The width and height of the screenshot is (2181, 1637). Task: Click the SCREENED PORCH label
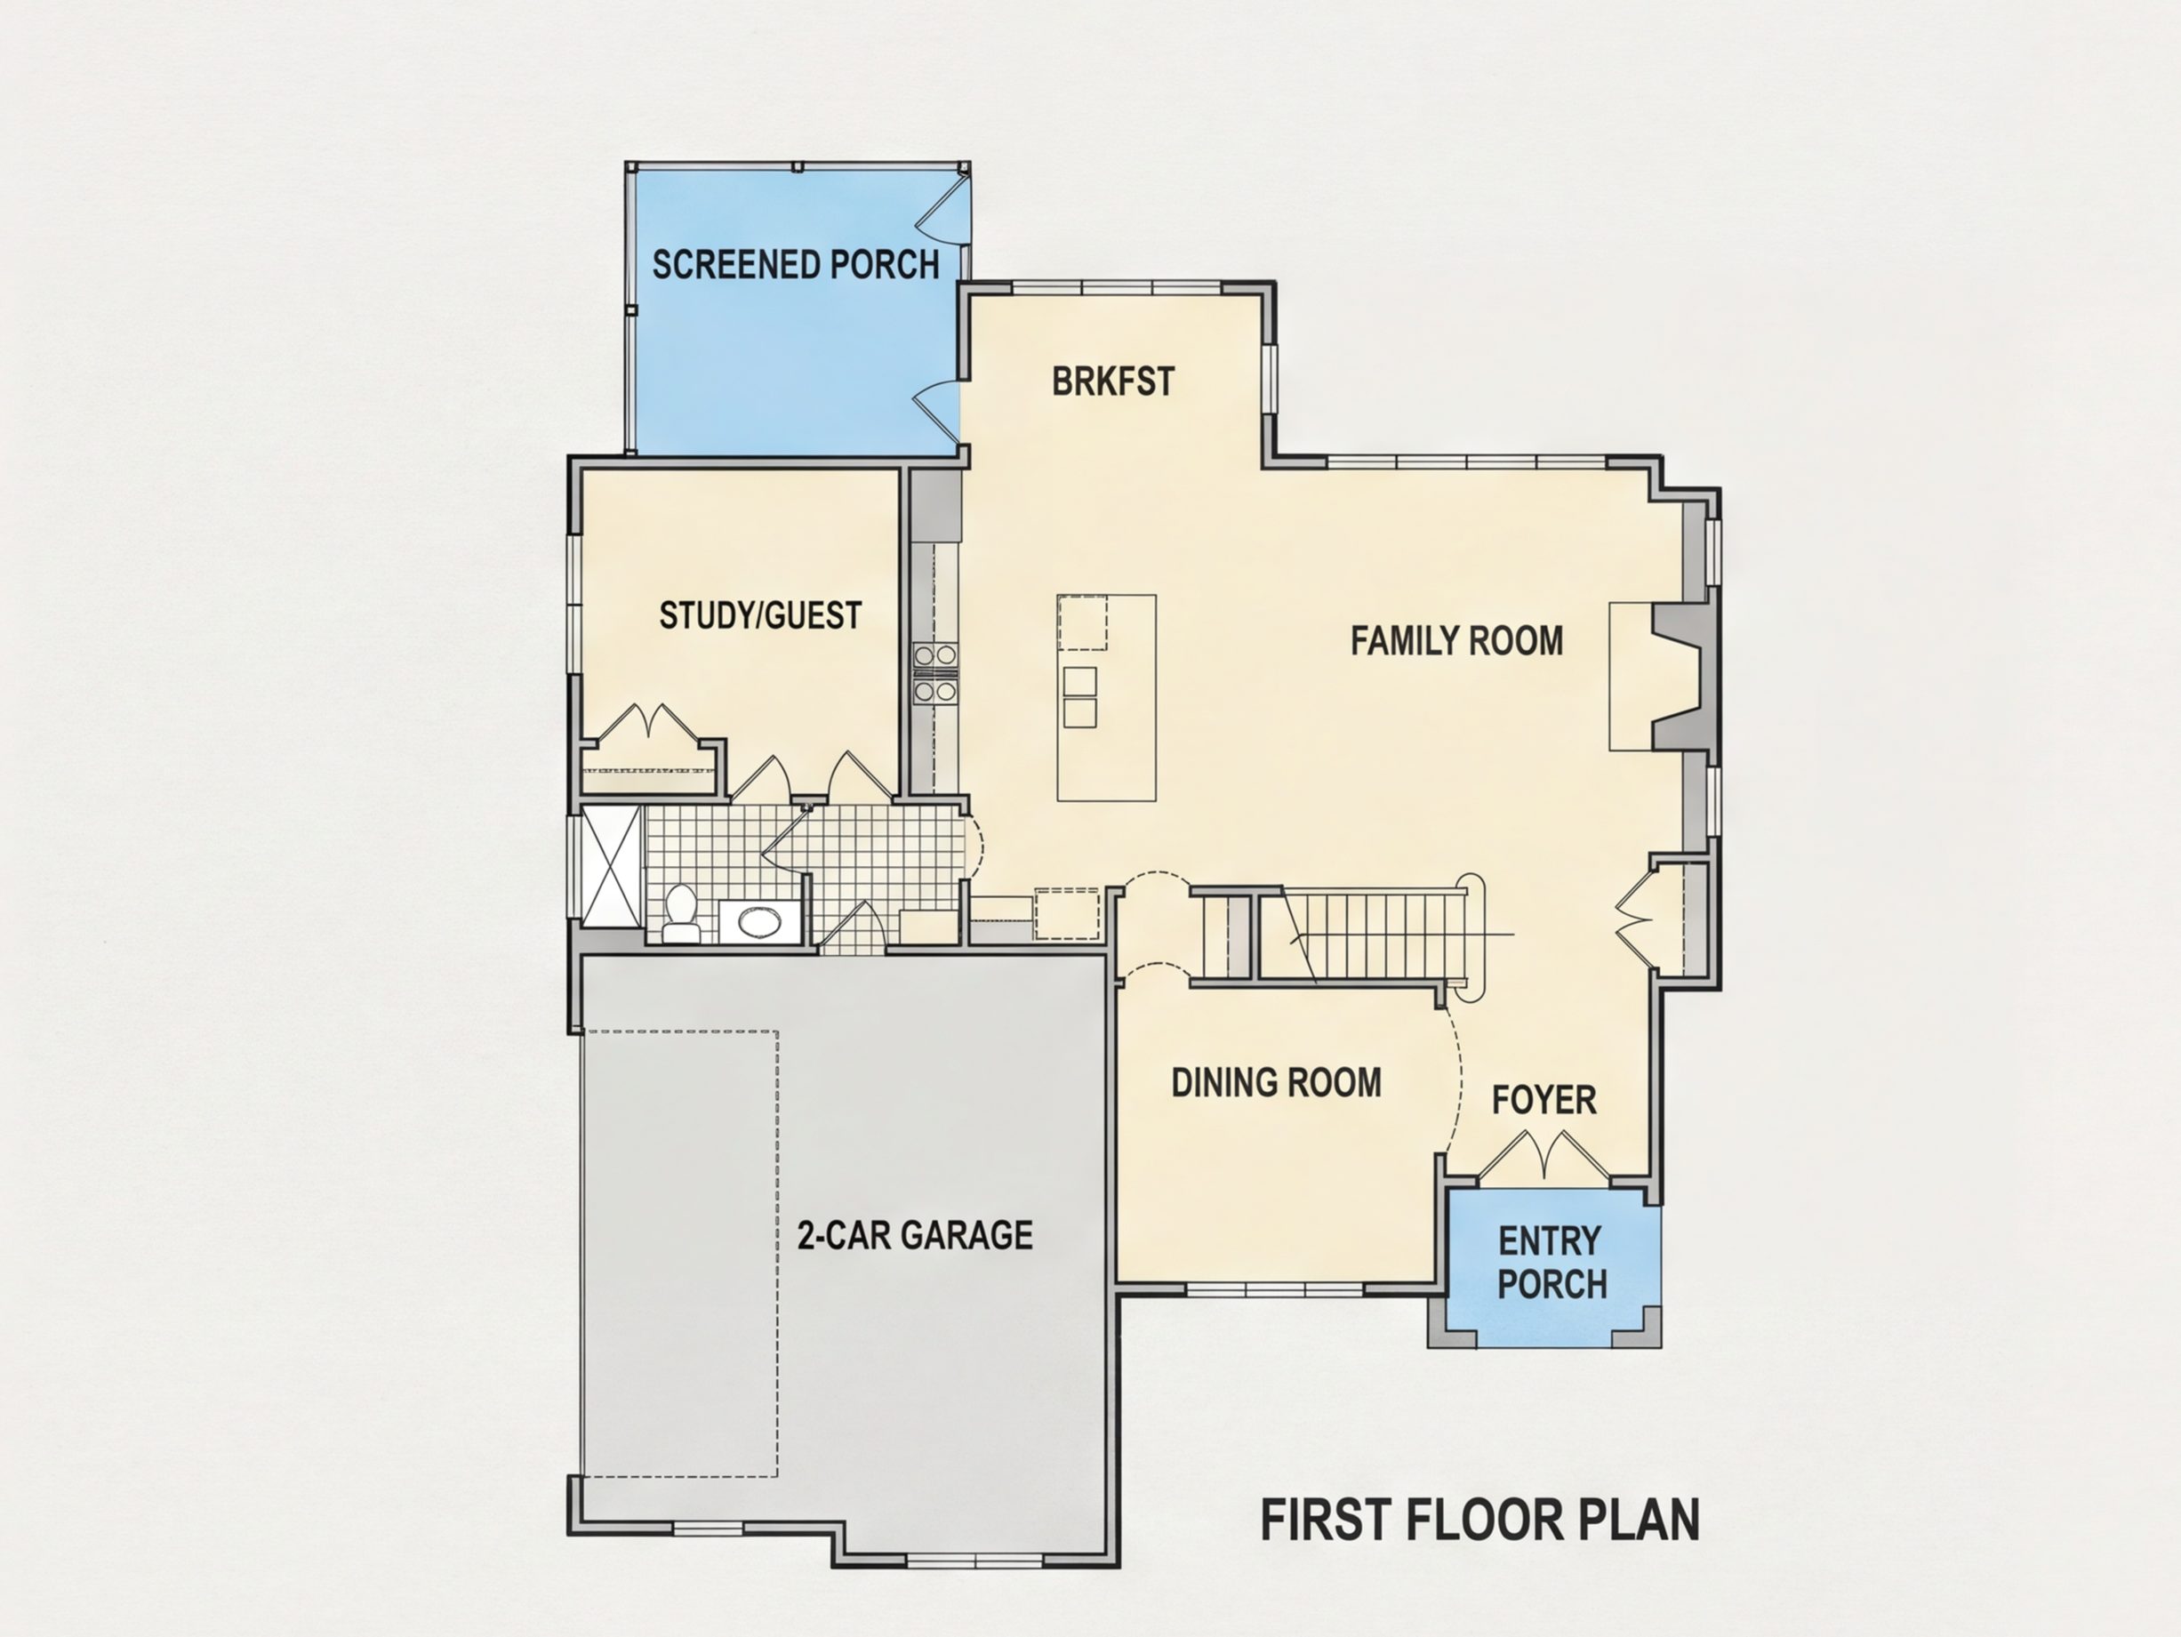tap(796, 264)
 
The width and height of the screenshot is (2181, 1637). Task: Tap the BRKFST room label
tap(1113, 381)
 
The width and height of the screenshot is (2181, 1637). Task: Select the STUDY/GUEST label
tap(760, 615)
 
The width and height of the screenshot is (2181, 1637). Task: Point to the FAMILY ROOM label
tap(1456, 641)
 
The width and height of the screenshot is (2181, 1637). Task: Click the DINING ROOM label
tap(1276, 1083)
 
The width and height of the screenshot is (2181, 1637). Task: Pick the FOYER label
tap(1544, 1100)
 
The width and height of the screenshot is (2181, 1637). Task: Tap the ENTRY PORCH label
tap(1552, 1263)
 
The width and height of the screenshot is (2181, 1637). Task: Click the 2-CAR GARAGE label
tap(915, 1235)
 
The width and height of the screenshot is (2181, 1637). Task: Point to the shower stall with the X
tap(612, 866)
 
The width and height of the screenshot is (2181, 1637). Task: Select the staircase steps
tap(1370, 935)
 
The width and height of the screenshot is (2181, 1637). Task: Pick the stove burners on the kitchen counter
tap(935, 672)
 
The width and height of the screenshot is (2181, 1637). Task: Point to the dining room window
tap(1275, 1289)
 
